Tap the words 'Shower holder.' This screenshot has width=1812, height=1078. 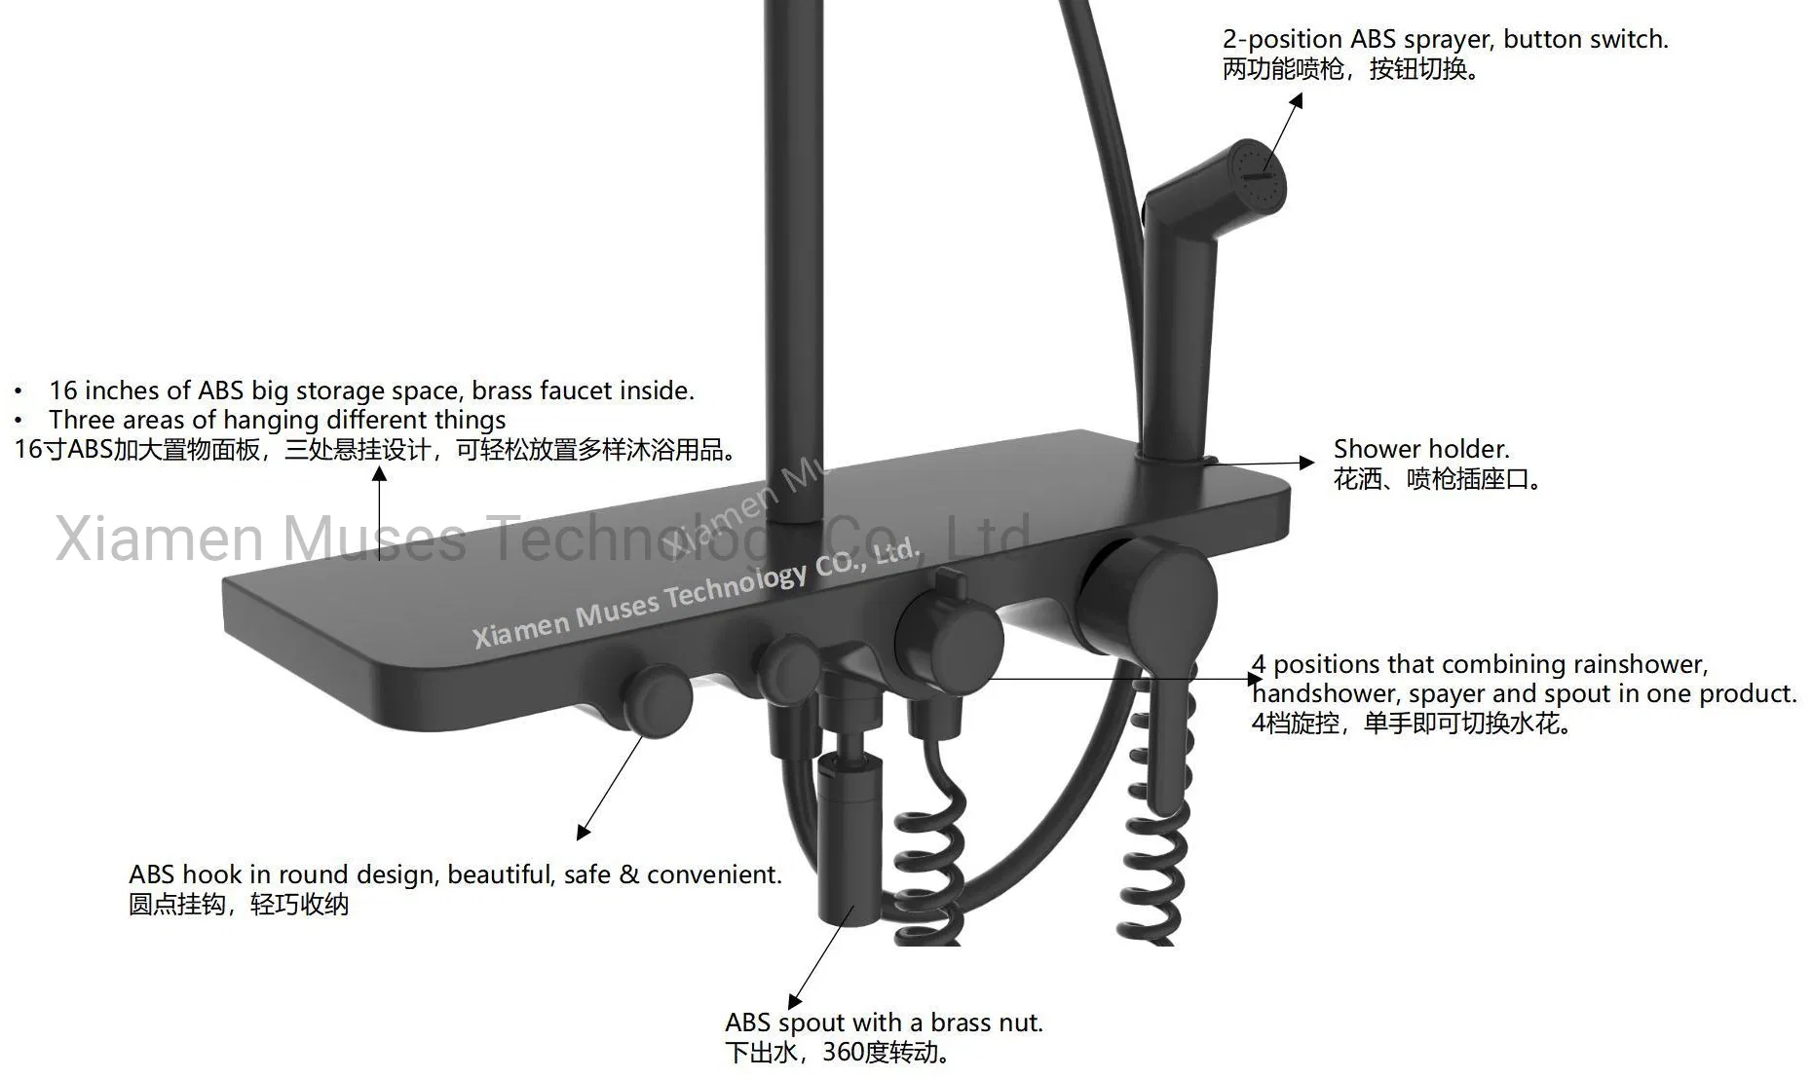(1421, 449)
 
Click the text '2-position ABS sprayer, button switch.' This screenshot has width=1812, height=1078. (1446, 40)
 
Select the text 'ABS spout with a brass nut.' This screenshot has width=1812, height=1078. (884, 1022)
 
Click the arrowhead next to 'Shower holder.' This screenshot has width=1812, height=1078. (1307, 463)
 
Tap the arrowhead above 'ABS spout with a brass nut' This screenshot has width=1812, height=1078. (795, 1001)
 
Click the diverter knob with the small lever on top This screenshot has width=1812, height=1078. (948, 633)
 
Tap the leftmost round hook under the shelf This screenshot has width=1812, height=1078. (658, 697)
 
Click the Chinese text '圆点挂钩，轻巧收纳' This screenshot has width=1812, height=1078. (239, 905)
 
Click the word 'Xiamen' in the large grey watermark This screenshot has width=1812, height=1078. (161, 538)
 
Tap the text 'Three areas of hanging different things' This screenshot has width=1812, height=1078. (278, 420)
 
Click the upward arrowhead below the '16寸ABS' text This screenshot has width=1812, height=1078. (379, 474)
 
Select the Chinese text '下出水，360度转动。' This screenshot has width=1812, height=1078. (839, 1053)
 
